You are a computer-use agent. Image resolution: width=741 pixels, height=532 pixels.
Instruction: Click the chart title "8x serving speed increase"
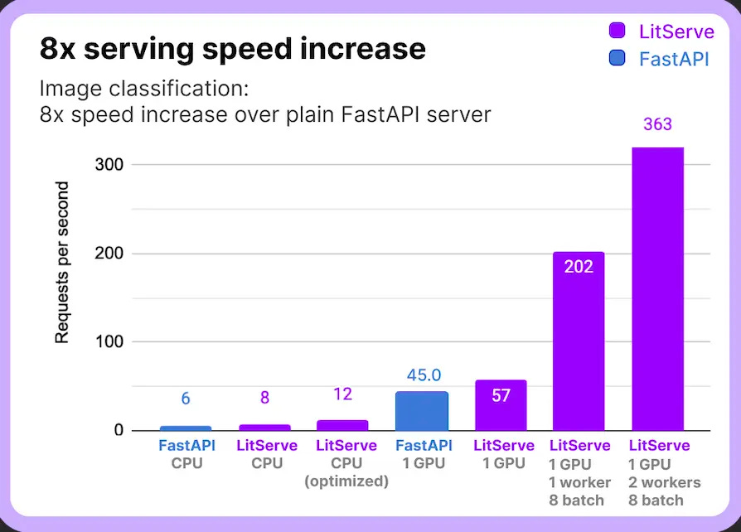tap(232, 50)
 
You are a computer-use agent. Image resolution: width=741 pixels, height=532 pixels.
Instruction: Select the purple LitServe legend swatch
tap(617, 31)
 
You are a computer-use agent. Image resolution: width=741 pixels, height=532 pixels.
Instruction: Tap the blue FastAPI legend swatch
tap(617, 59)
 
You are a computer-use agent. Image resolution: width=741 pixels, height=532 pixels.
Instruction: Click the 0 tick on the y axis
tap(118, 431)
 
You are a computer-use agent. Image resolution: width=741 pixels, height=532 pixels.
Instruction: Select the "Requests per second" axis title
tap(62, 263)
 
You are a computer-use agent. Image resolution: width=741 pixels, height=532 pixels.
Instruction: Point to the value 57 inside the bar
tap(500, 395)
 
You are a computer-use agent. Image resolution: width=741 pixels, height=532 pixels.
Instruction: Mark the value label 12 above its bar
tap(342, 394)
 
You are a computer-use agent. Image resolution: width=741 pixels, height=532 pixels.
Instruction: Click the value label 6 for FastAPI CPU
tap(186, 399)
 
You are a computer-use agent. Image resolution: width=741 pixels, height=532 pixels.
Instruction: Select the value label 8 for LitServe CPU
tap(264, 398)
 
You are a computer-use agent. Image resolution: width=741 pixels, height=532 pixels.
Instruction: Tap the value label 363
tap(657, 125)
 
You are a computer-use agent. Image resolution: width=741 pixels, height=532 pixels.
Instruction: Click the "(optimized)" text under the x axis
tap(347, 481)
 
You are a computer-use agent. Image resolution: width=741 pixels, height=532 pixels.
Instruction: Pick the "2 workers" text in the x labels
tap(665, 482)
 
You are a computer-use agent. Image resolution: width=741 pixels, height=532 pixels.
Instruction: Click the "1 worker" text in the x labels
tap(580, 482)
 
